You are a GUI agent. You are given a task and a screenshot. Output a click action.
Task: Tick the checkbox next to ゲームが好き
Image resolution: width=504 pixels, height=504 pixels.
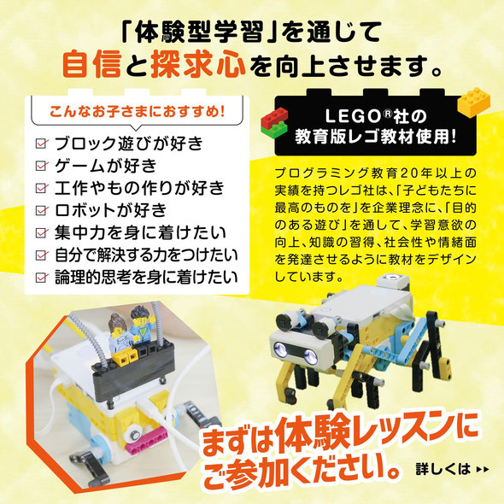pos(40,165)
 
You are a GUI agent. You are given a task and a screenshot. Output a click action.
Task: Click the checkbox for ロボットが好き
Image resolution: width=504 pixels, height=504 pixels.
pos(40,209)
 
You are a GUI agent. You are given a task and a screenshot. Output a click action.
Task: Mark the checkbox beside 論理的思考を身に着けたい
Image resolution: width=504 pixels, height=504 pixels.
pos(40,276)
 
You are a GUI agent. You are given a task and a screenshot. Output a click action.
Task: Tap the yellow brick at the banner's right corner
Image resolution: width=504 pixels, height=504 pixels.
pos(475,102)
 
